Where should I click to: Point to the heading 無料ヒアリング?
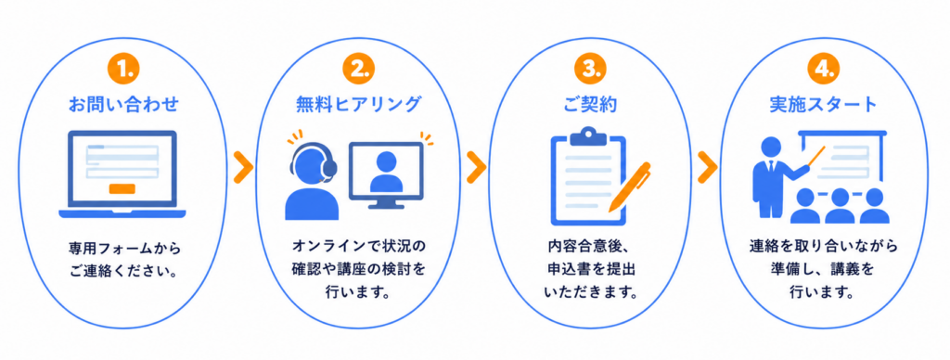[358, 105]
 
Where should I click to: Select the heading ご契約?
[589, 105]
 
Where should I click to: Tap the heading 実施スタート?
[823, 105]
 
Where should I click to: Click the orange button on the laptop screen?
[122, 188]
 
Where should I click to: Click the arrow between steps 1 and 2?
[243, 170]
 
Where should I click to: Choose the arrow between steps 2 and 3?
[476, 170]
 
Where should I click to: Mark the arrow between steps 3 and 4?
[707, 170]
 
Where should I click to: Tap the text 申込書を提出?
[590, 269]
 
